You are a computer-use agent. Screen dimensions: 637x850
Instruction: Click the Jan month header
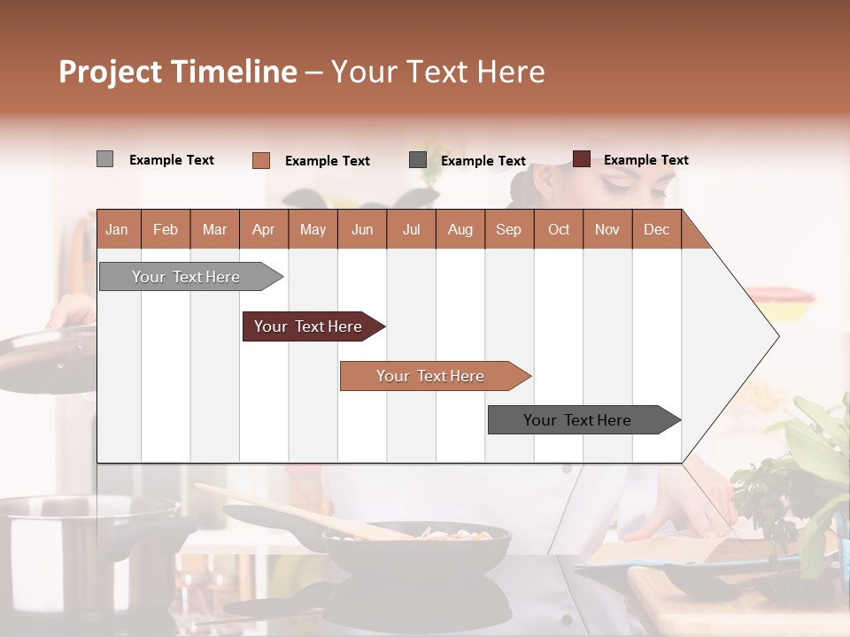click(x=117, y=229)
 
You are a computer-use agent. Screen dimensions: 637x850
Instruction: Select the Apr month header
click(x=263, y=229)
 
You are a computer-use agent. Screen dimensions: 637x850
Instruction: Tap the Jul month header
click(x=411, y=229)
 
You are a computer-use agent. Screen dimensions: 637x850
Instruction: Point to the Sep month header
click(x=508, y=229)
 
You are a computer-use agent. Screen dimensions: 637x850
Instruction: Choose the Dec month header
click(x=656, y=229)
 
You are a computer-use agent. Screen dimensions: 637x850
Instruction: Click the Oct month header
click(x=559, y=229)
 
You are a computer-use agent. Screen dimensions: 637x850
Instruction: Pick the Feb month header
click(x=166, y=229)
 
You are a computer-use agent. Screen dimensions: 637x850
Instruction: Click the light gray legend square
click(x=104, y=159)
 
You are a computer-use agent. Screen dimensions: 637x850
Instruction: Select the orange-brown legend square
click(x=260, y=160)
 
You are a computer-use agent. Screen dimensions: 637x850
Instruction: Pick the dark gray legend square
click(x=418, y=160)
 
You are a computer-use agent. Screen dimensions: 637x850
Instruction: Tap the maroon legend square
click(x=581, y=159)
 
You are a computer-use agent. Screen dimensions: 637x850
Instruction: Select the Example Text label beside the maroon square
click(x=645, y=160)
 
